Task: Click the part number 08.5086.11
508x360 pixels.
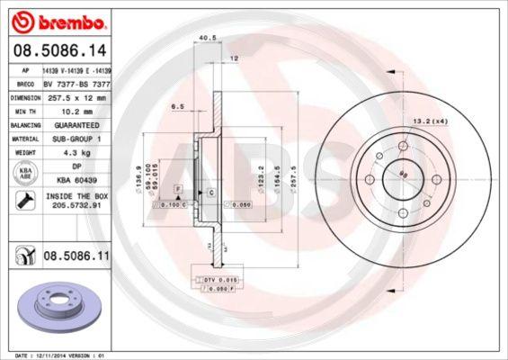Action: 76,256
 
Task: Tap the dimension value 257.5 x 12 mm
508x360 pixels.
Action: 82,95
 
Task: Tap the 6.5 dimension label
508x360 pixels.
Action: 177,106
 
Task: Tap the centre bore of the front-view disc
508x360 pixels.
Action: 402,179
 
